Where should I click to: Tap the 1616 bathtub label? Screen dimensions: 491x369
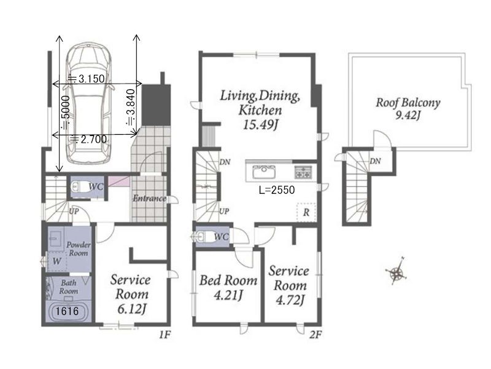pyautogui.click(x=67, y=311)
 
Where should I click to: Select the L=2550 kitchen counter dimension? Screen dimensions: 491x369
pyautogui.click(x=277, y=190)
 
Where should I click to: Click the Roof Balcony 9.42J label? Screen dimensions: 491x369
pyautogui.click(x=408, y=109)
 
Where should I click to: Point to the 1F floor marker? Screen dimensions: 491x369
pyautogui.click(x=164, y=335)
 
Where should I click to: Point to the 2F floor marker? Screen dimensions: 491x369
pyautogui.click(x=315, y=335)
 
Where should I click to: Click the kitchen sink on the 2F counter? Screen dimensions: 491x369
pyautogui.click(x=264, y=172)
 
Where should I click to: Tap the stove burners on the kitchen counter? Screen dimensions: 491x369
pyautogui.click(x=303, y=172)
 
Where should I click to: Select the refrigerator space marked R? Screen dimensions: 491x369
pyautogui.click(x=306, y=212)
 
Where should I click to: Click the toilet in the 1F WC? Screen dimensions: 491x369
pyautogui.click(x=80, y=188)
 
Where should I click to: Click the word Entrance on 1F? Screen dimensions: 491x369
pyautogui.click(x=149, y=198)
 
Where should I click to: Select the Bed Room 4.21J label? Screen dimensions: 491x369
pyautogui.click(x=228, y=287)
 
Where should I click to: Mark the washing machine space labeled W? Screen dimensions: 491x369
pyautogui.click(x=56, y=261)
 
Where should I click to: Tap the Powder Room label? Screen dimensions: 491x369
pyautogui.click(x=79, y=249)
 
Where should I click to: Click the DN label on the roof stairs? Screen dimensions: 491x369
pyautogui.click(x=375, y=161)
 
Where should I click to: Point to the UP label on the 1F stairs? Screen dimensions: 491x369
pyautogui.click(x=74, y=211)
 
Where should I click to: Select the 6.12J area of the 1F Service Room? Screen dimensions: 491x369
pyautogui.click(x=132, y=309)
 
